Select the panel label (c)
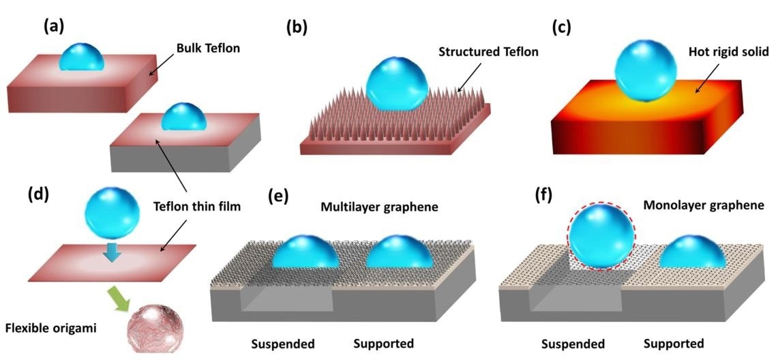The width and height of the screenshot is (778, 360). tap(561, 27)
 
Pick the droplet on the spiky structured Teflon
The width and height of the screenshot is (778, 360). tap(398, 83)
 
